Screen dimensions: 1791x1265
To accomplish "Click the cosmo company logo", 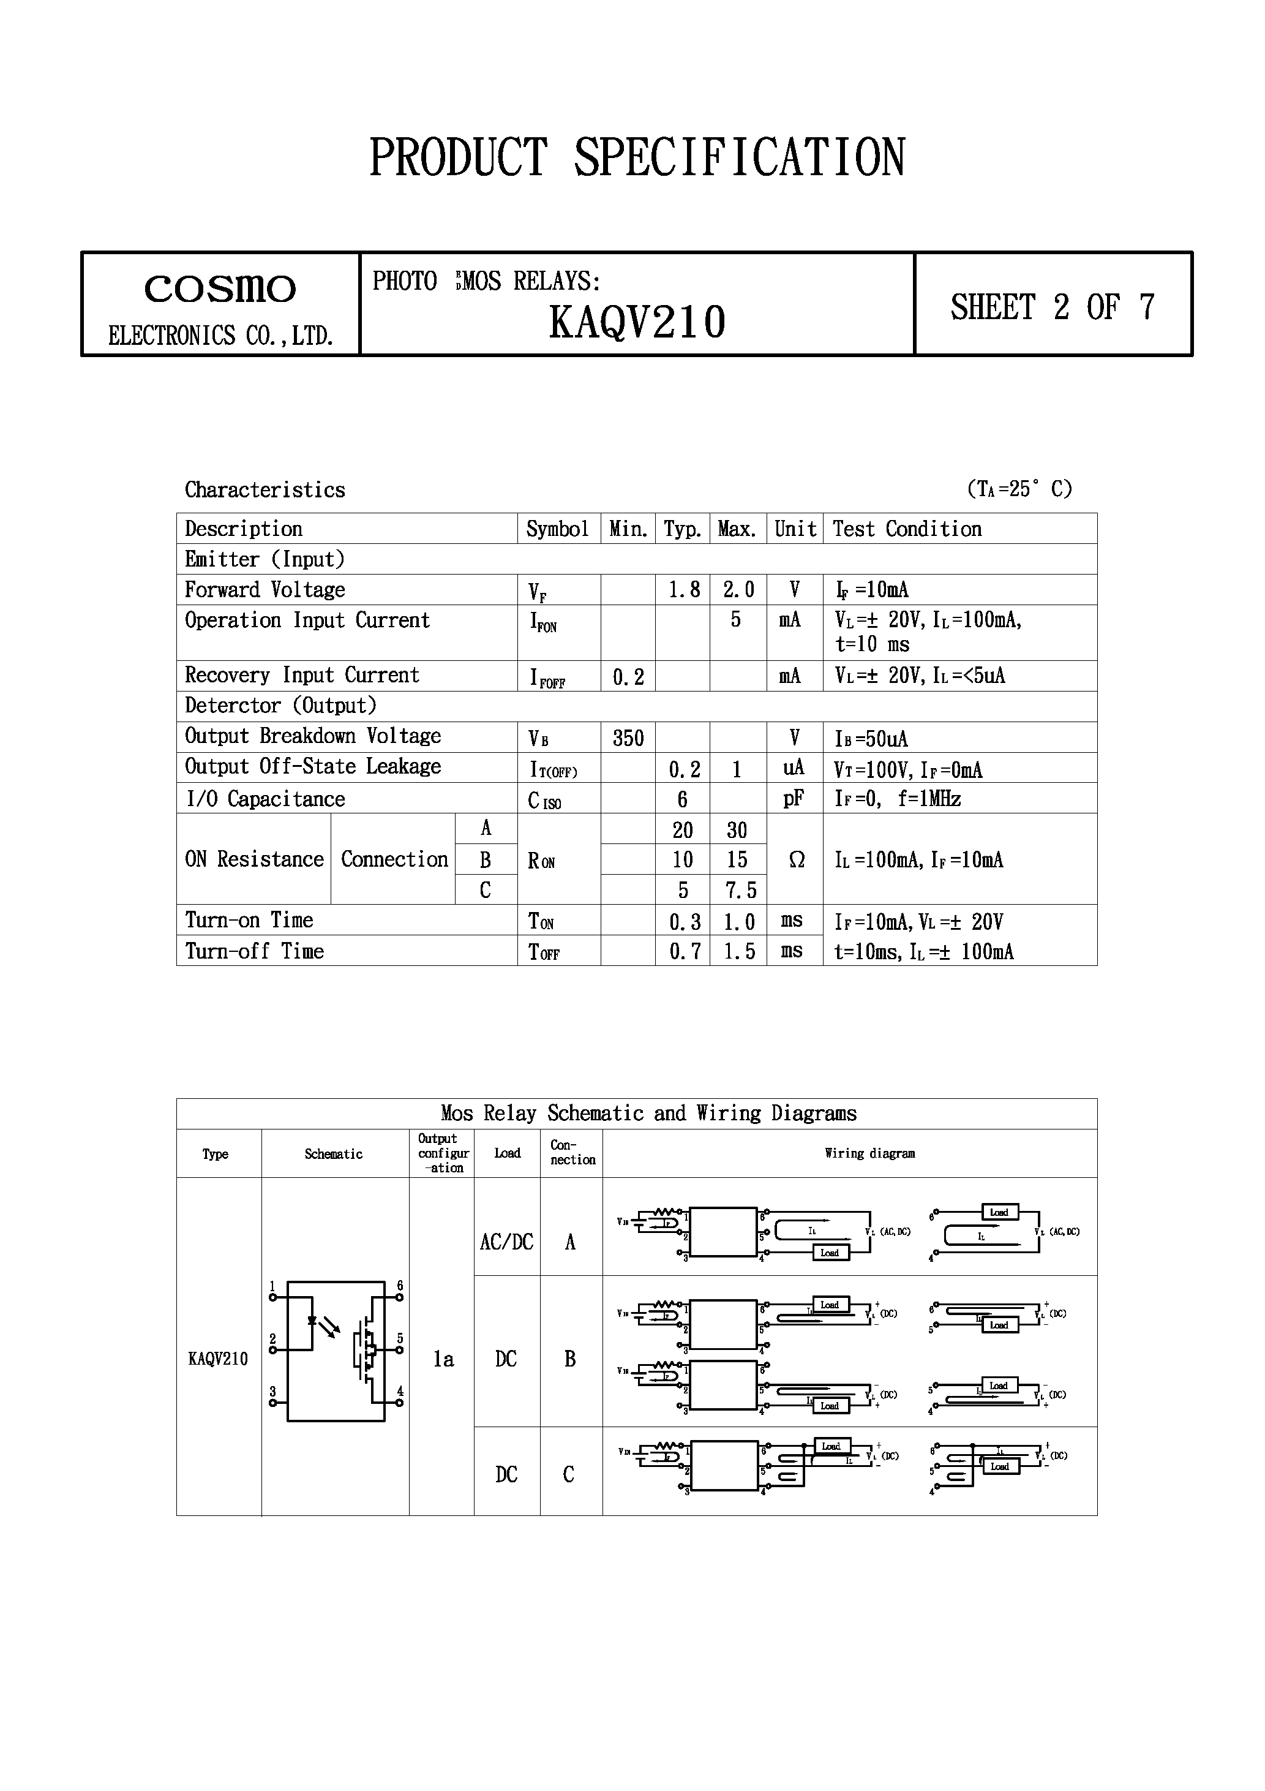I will click(220, 288).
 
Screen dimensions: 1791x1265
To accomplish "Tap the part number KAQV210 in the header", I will click(637, 322).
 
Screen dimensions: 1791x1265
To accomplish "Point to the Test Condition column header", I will click(906, 529).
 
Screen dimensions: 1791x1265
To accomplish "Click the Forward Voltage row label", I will click(265, 590).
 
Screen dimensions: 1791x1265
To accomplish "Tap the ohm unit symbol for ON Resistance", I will click(796, 859).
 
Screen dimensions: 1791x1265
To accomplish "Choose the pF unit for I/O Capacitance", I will click(793, 799).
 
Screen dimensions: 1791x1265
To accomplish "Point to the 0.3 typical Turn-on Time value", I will click(684, 922).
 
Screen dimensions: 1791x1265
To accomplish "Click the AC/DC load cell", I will click(506, 1242).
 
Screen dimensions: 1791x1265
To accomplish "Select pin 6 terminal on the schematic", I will click(399, 1298).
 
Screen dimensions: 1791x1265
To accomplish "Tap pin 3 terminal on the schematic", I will click(272, 1403).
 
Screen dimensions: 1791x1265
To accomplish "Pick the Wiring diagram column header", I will click(869, 1153).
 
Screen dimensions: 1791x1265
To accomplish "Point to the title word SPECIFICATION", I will click(740, 157).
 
